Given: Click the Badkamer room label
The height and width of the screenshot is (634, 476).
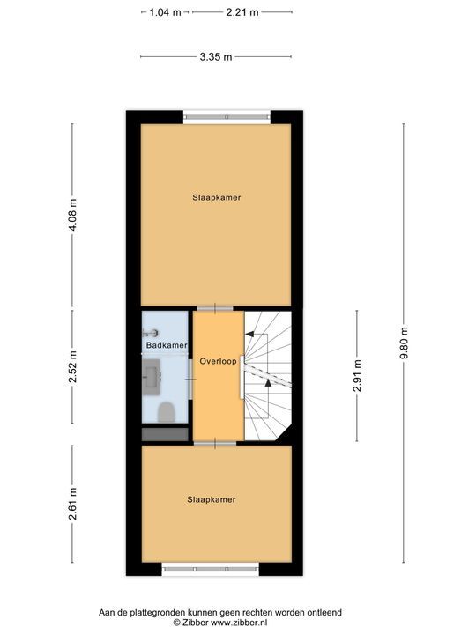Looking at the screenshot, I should click(x=166, y=345).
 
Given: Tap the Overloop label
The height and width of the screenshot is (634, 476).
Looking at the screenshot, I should click(x=217, y=362).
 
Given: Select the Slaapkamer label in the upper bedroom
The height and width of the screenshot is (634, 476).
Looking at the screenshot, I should click(x=216, y=198).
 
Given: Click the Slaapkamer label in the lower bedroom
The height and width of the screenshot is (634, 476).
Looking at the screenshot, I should click(x=211, y=499).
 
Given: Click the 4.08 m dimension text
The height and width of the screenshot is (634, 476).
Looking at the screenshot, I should click(x=73, y=216).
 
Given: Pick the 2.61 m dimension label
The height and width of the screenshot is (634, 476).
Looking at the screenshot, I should click(x=73, y=505).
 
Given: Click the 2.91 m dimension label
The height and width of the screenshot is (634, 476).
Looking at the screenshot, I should click(x=356, y=375).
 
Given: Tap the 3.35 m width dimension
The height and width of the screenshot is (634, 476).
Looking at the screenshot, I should click(x=216, y=57).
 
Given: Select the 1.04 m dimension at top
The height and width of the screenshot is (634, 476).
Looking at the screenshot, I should click(x=165, y=12).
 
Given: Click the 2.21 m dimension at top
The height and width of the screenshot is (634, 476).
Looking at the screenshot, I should click(x=242, y=12).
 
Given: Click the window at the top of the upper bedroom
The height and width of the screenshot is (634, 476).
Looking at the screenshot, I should click(x=227, y=114).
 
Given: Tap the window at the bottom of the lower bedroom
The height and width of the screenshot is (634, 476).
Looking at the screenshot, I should click(x=210, y=570).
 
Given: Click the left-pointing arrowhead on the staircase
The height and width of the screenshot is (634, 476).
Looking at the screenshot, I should click(x=250, y=334).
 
